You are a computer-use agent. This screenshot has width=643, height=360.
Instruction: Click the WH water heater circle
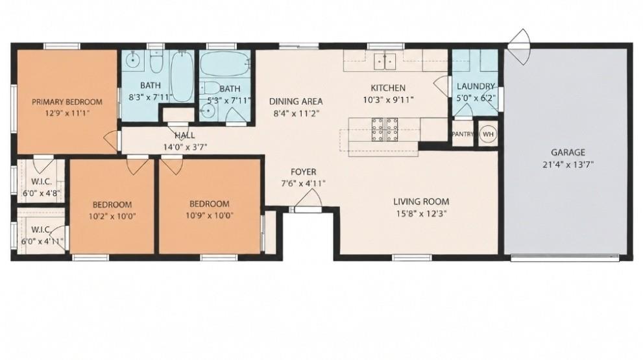[488, 134]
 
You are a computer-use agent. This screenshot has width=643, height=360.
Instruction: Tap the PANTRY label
[463, 134]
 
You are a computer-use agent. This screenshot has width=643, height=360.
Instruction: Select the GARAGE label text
[568, 152]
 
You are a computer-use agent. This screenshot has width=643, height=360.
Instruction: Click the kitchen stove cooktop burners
[384, 130]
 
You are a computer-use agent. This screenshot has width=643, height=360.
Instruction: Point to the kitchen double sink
[385, 62]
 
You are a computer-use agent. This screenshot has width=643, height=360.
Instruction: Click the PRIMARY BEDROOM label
[67, 102]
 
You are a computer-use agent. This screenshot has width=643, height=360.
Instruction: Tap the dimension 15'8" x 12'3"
[420, 213]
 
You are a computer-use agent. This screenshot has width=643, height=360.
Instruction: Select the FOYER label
[304, 172]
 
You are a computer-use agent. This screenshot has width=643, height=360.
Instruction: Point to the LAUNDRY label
[476, 86]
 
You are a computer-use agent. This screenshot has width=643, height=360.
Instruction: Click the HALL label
[185, 136]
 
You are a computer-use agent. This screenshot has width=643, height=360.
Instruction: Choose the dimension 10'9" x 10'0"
[209, 215]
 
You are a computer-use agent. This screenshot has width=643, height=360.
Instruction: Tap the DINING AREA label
[296, 101]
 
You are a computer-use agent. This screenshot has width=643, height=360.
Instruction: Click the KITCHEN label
[388, 88]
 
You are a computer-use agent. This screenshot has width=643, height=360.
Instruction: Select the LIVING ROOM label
[421, 202]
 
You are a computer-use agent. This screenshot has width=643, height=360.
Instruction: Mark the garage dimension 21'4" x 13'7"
[568, 165]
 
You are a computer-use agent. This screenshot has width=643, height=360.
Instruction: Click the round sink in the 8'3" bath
[132, 62]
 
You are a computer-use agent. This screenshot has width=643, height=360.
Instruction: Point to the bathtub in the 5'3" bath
[225, 64]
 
